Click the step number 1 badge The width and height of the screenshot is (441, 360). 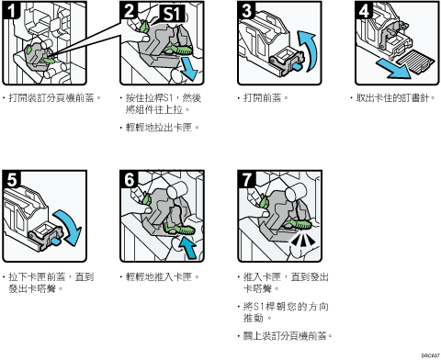tap(11, 10)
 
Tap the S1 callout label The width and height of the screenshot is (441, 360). tap(173, 14)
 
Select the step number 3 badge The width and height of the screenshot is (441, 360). tap(246, 10)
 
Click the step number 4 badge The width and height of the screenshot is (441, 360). tap(364, 10)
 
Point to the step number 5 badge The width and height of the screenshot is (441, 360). tap(12, 179)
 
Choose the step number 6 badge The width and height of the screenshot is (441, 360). tap(129, 179)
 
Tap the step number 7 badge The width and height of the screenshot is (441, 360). tap(246, 179)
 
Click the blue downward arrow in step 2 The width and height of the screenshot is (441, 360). tap(189, 70)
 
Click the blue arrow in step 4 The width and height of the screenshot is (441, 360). tap(394, 69)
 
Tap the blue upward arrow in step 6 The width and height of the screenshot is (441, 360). tap(188, 247)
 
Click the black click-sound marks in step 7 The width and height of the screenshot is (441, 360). tap(302, 240)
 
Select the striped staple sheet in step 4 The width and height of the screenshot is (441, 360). tap(415, 63)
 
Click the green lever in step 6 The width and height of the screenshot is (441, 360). tap(180, 229)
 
